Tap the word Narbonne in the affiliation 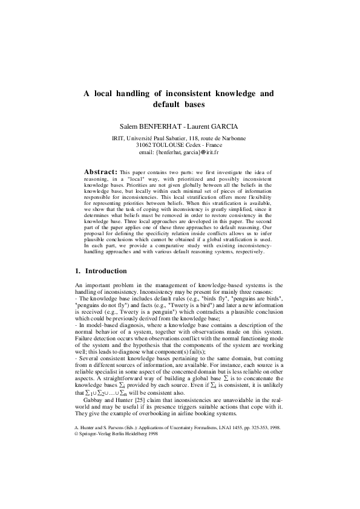pos(233,138)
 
